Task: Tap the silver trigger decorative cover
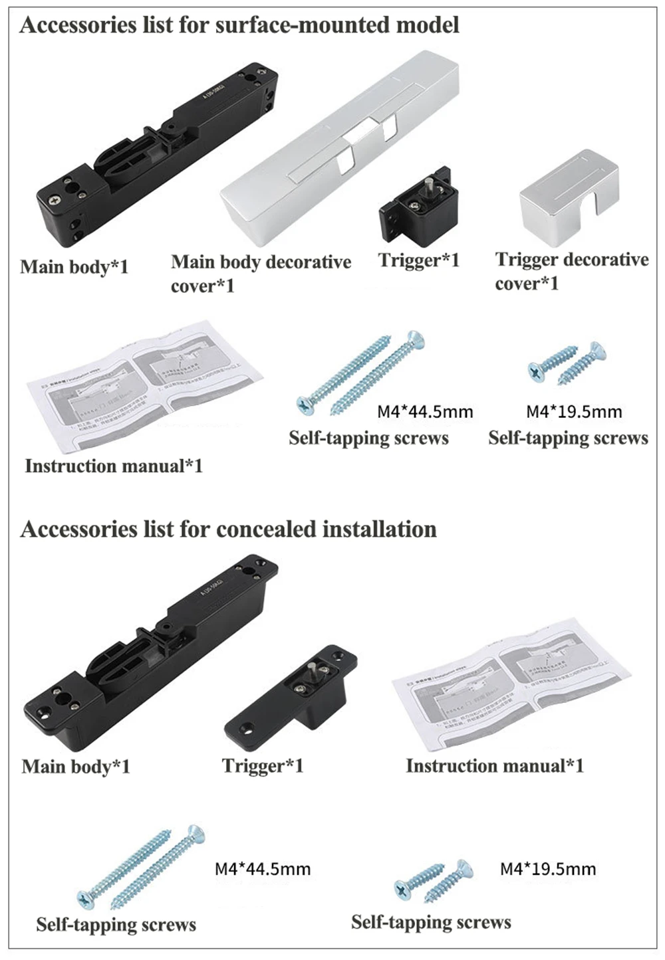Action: click(x=569, y=193)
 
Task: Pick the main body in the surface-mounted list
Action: click(x=156, y=156)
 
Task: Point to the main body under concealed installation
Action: click(x=150, y=648)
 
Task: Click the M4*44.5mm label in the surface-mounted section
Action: click(x=425, y=412)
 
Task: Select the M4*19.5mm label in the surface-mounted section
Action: click(x=574, y=412)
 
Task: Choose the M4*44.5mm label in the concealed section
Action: click(x=263, y=869)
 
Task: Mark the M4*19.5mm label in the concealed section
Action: click(x=548, y=869)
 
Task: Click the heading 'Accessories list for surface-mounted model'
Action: click(x=239, y=25)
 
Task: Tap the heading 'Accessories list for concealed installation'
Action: click(x=228, y=529)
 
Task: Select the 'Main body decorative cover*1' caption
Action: click(x=260, y=273)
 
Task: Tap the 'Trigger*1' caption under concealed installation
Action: click(x=263, y=766)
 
